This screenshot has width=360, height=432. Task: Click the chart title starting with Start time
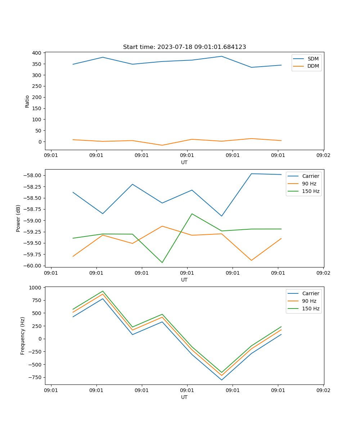tap(184, 47)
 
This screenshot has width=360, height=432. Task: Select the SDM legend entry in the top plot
tap(313, 59)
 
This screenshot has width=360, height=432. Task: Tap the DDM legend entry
tap(313, 66)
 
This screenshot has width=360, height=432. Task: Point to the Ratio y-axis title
tap(27, 101)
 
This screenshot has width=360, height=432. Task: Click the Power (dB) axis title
tap(18, 218)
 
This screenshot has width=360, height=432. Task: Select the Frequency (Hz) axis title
tap(23, 336)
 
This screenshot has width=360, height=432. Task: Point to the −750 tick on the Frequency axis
tap(35, 377)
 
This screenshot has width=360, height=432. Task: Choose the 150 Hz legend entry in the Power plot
tap(311, 191)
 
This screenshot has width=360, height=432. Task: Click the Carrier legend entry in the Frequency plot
tap(310, 293)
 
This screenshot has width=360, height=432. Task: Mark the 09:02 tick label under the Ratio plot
tap(323, 156)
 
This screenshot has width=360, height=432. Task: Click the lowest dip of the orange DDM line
tap(162, 145)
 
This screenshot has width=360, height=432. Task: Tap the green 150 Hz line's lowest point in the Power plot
tap(162, 262)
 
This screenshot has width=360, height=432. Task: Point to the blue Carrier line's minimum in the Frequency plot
tap(222, 380)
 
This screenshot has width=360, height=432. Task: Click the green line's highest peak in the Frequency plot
tap(103, 291)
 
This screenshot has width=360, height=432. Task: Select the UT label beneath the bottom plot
tap(184, 397)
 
